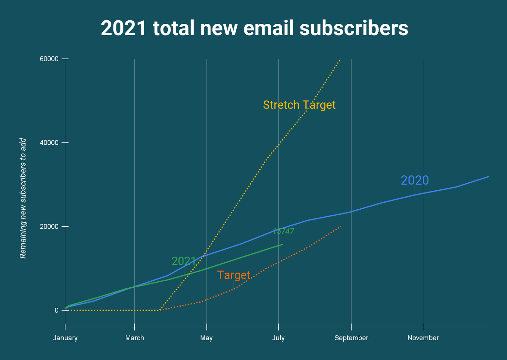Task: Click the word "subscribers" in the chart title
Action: point(354,28)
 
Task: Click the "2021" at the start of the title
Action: point(124,28)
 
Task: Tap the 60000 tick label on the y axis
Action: point(49,59)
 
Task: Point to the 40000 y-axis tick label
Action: point(49,143)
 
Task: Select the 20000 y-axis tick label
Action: point(49,226)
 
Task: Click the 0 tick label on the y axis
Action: point(56,310)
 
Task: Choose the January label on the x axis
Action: point(65,338)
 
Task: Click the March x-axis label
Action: point(135,338)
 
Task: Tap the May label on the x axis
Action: point(206,338)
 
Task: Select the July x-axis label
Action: point(278,338)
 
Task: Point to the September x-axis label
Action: point(351,338)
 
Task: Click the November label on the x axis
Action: point(423,338)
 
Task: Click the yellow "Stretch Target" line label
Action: point(299,105)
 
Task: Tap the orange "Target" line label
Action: point(234,275)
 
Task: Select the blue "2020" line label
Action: point(415,180)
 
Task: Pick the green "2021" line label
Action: point(184,261)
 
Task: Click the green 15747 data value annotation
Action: point(283,232)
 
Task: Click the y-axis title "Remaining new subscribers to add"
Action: point(23,198)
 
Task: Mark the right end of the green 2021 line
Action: point(283,244)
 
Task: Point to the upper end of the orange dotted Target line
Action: point(340,226)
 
